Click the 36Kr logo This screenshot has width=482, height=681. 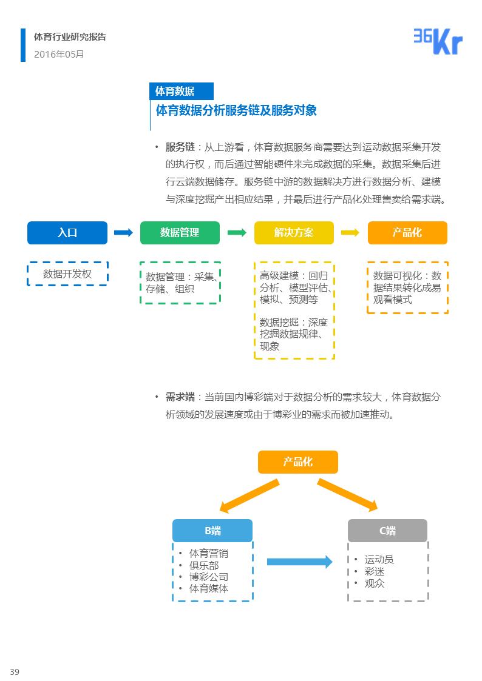pos(438,42)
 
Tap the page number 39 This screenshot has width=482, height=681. pos(15,671)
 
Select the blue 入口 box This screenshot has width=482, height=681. pos(67,233)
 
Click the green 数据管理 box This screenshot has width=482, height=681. pos(180,233)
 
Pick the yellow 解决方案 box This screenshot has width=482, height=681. pos(294,233)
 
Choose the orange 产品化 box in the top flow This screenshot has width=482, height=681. pos(407,233)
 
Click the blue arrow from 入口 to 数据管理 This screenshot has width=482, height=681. pos(123,233)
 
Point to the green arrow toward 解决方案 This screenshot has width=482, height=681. pos(237,233)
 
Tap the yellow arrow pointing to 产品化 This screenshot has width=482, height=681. pos(350,233)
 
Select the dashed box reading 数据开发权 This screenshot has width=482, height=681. pos(67,274)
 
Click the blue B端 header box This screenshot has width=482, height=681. pos(212,531)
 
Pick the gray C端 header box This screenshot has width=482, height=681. pos(387,531)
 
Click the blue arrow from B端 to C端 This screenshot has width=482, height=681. pos(299,562)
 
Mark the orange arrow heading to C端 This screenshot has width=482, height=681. pos(347,494)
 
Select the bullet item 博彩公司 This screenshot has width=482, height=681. pos(209,577)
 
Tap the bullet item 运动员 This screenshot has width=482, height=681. pos(379,560)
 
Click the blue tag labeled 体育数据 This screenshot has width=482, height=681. pos(181,91)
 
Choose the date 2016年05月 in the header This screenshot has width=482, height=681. pos(59,54)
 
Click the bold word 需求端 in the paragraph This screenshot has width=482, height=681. pos(180,397)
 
